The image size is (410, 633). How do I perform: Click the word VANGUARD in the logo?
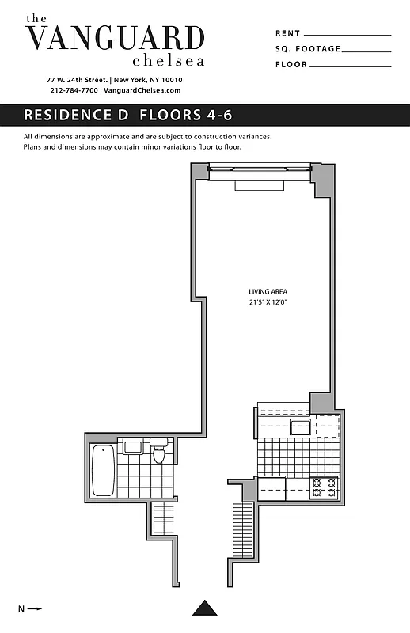pos(116,38)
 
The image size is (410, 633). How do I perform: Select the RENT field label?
pos(287,34)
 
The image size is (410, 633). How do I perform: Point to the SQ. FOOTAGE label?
pos(308,49)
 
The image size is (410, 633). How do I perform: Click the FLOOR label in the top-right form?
pos(290,65)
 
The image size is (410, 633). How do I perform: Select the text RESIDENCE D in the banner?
pos(76,115)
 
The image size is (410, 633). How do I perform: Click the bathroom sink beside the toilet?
pos(133,447)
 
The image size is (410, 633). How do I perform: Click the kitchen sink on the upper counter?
pos(301,428)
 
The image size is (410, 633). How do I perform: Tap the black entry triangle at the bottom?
pos(205,608)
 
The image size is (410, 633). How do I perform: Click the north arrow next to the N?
pos(35,608)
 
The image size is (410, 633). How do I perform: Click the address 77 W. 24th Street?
pos(77,80)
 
